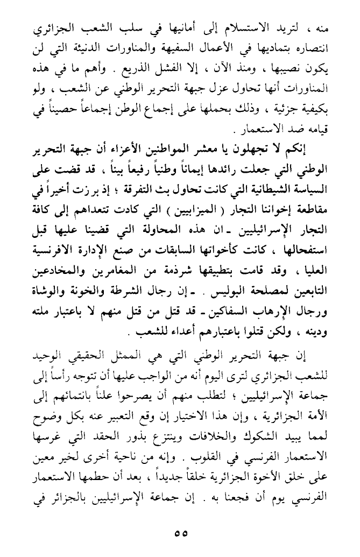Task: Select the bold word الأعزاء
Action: click(x=165, y=150)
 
